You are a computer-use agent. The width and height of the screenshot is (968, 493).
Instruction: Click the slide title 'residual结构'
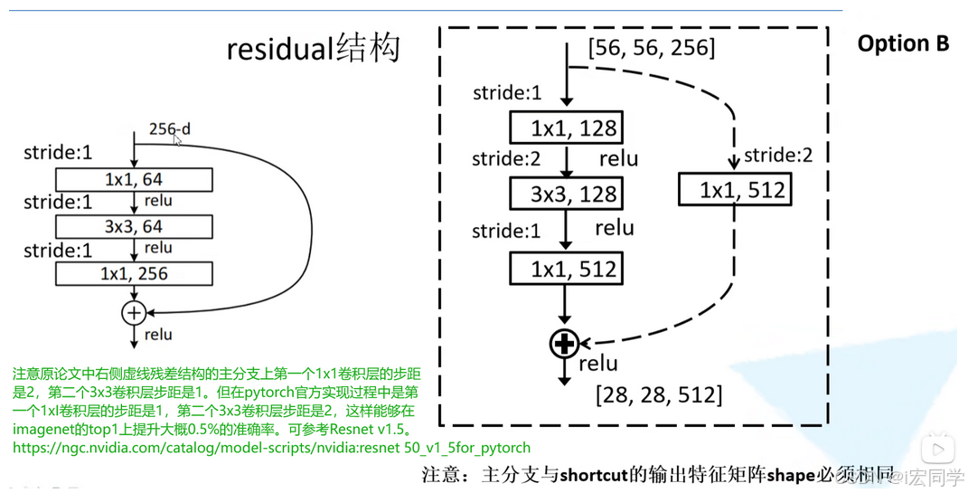pyautogui.click(x=313, y=48)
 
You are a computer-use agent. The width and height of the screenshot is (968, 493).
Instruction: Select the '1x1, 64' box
pyautogui.click(x=134, y=179)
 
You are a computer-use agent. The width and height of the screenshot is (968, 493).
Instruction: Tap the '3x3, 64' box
pyautogui.click(x=134, y=226)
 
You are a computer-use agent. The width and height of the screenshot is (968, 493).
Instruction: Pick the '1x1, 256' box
pyautogui.click(x=134, y=273)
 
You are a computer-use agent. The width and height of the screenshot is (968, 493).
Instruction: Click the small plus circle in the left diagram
pyautogui.click(x=134, y=313)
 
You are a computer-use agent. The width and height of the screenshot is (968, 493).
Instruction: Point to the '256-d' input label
pyautogui.click(x=169, y=129)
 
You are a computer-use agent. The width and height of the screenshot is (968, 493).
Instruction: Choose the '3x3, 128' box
pyautogui.click(x=566, y=194)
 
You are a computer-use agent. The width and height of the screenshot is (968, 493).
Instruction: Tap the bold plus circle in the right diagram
pyautogui.click(x=565, y=344)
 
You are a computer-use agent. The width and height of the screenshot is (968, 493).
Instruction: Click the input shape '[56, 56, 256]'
pyautogui.click(x=651, y=47)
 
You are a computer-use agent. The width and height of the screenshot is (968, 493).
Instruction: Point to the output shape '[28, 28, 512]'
pyautogui.click(x=658, y=395)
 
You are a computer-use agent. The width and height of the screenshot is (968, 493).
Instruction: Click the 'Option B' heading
pyautogui.click(x=903, y=43)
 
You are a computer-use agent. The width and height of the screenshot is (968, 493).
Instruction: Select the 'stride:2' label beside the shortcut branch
pyautogui.click(x=778, y=155)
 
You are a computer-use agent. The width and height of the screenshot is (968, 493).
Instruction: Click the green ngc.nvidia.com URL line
pyautogui.click(x=271, y=448)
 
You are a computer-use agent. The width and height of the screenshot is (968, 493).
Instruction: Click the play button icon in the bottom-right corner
pyautogui.click(x=938, y=448)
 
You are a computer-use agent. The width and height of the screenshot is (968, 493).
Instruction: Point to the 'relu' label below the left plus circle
pyautogui.click(x=157, y=335)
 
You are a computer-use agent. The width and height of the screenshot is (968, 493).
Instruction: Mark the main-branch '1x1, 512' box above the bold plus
pyautogui.click(x=566, y=269)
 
